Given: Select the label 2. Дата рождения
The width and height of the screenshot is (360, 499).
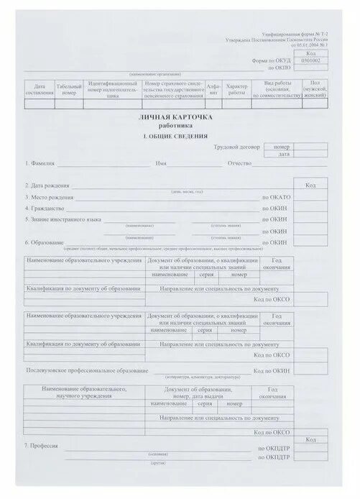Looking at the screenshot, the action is point(47,185).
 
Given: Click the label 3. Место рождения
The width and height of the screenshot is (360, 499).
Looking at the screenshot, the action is point(49,196).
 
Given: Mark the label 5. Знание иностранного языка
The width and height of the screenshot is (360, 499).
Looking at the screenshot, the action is point(63,219).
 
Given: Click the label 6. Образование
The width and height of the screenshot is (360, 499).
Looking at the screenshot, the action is point(45,242).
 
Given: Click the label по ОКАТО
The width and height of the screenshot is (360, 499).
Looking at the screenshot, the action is point(277,196).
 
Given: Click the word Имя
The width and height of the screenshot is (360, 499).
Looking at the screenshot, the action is point(161,163).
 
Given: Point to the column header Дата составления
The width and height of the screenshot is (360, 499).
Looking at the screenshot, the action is point(39,88).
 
